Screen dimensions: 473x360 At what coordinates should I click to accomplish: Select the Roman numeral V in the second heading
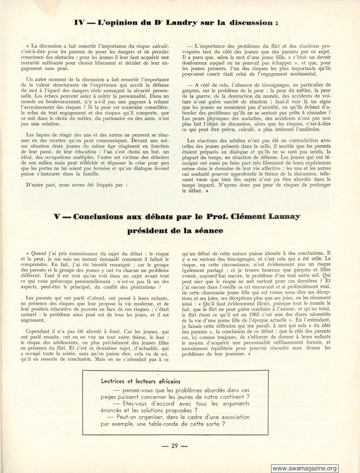pyautogui.click(x=57, y=217)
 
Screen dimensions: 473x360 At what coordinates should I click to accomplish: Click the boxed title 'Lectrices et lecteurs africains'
pyautogui.click(x=140, y=381)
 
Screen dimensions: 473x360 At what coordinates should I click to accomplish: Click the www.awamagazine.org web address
pyautogui.click(x=305, y=468)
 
